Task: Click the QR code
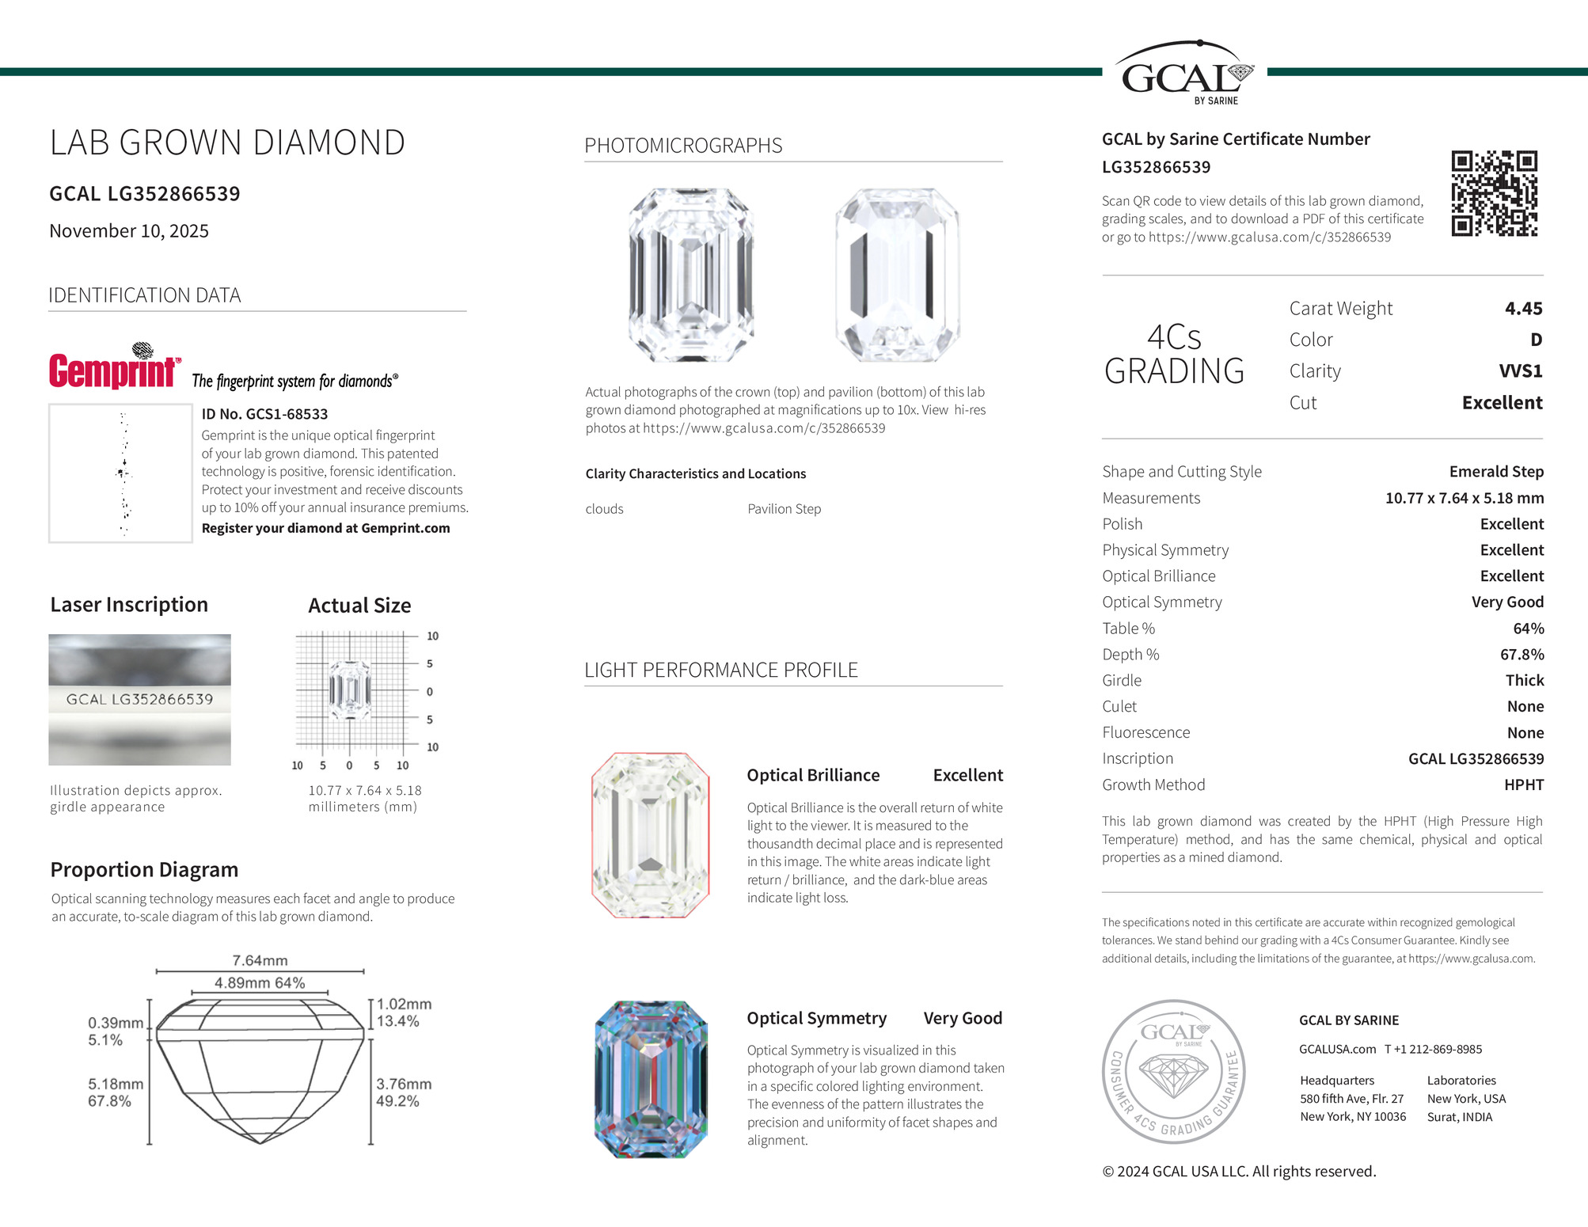pyautogui.click(x=1494, y=193)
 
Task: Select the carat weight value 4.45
pyautogui.click(x=1523, y=308)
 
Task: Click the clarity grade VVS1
pyautogui.click(x=1520, y=371)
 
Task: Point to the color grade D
pyautogui.click(x=1536, y=340)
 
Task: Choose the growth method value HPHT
pyautogui.click(x=1524, y=784)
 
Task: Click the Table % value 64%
pyautogui.click(x=1528, y=629)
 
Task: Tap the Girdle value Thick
pyautogui.click(x=1525, y=681)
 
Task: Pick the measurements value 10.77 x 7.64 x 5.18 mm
pyautogui.click(x=1464, y=498)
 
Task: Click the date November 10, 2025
pyautogui.click(x=129, y=231)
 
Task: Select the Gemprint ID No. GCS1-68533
pyautogui.click(x=264, y=414)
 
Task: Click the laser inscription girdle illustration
pyautogui.click(x=139, y=700)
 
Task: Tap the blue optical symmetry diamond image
pyautogui.click(x=650, y=1079)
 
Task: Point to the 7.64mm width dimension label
pyautogui.click(x=260, y=960)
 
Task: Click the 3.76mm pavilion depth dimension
pyautogui.click(x=404, y=1084)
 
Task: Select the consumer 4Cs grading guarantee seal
pyautogui.click(x=1174, y=1072)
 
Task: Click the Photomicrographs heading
pyautogui.click(x=683, y=146)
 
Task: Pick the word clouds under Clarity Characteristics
pyautogui.click(x=604, y=509)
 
